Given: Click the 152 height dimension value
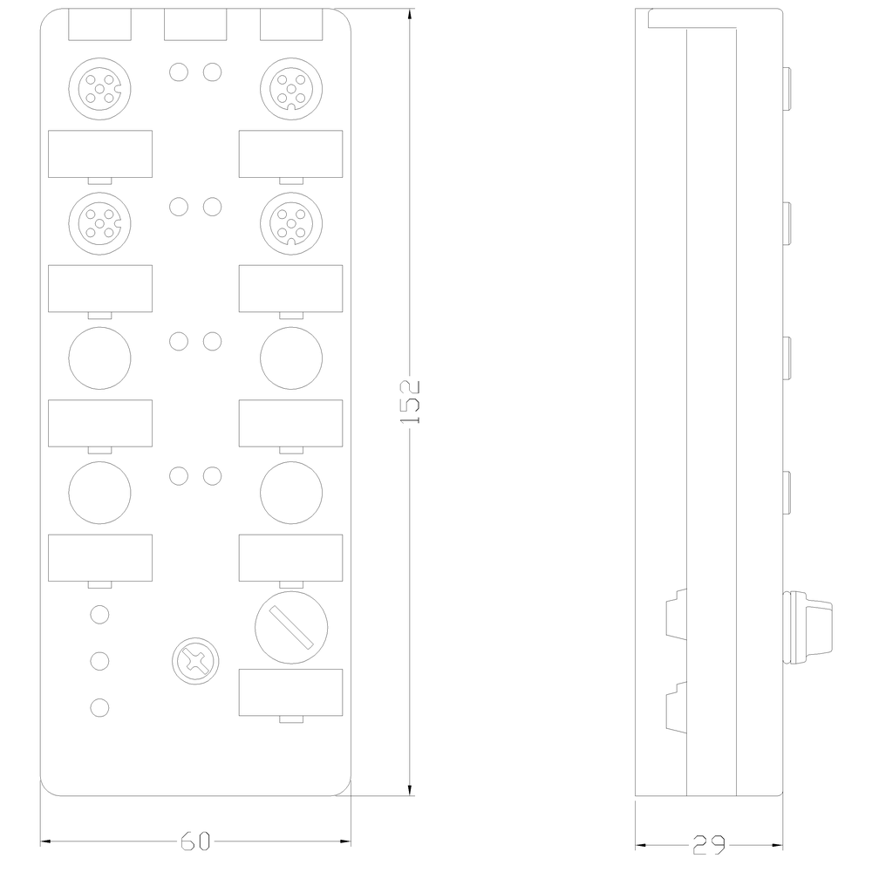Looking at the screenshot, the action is pos(410,402).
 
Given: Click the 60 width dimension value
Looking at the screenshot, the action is pos(195,841).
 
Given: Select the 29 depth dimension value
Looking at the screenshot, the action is pos(708,845).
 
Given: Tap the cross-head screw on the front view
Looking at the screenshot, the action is pos(195,661).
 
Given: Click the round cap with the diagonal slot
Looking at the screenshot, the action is pos(291,627).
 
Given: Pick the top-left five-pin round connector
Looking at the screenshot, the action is pos(99,88).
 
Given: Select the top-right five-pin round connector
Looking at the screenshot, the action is pos(291,88).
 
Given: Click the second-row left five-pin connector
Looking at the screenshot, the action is pos(99,223).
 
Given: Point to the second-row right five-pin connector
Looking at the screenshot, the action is pos(291,223).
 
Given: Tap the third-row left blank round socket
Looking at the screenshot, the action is pos(99,358).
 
